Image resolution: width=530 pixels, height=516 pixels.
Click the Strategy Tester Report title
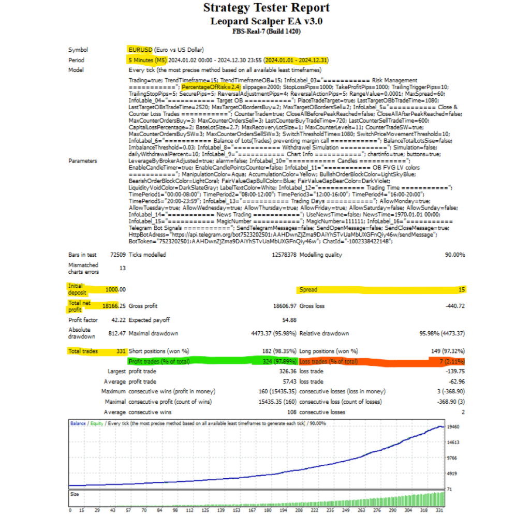pos(266,8)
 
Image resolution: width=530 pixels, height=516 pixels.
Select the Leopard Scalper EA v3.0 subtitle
pos(266,21)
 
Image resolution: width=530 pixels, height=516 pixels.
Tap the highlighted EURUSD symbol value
pos(140,50)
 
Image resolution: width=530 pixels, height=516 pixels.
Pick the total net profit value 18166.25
pos(114,306)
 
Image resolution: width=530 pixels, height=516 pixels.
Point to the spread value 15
pos(461,290)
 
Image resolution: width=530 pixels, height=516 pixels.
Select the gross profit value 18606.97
pos(283,306)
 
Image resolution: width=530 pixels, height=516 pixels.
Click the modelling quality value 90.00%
pos(453,255)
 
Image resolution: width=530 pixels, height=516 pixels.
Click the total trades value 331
pos(121,351)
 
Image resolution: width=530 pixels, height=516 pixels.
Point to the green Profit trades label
pos(159,361)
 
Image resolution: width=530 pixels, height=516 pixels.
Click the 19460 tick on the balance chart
pos(454,427)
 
